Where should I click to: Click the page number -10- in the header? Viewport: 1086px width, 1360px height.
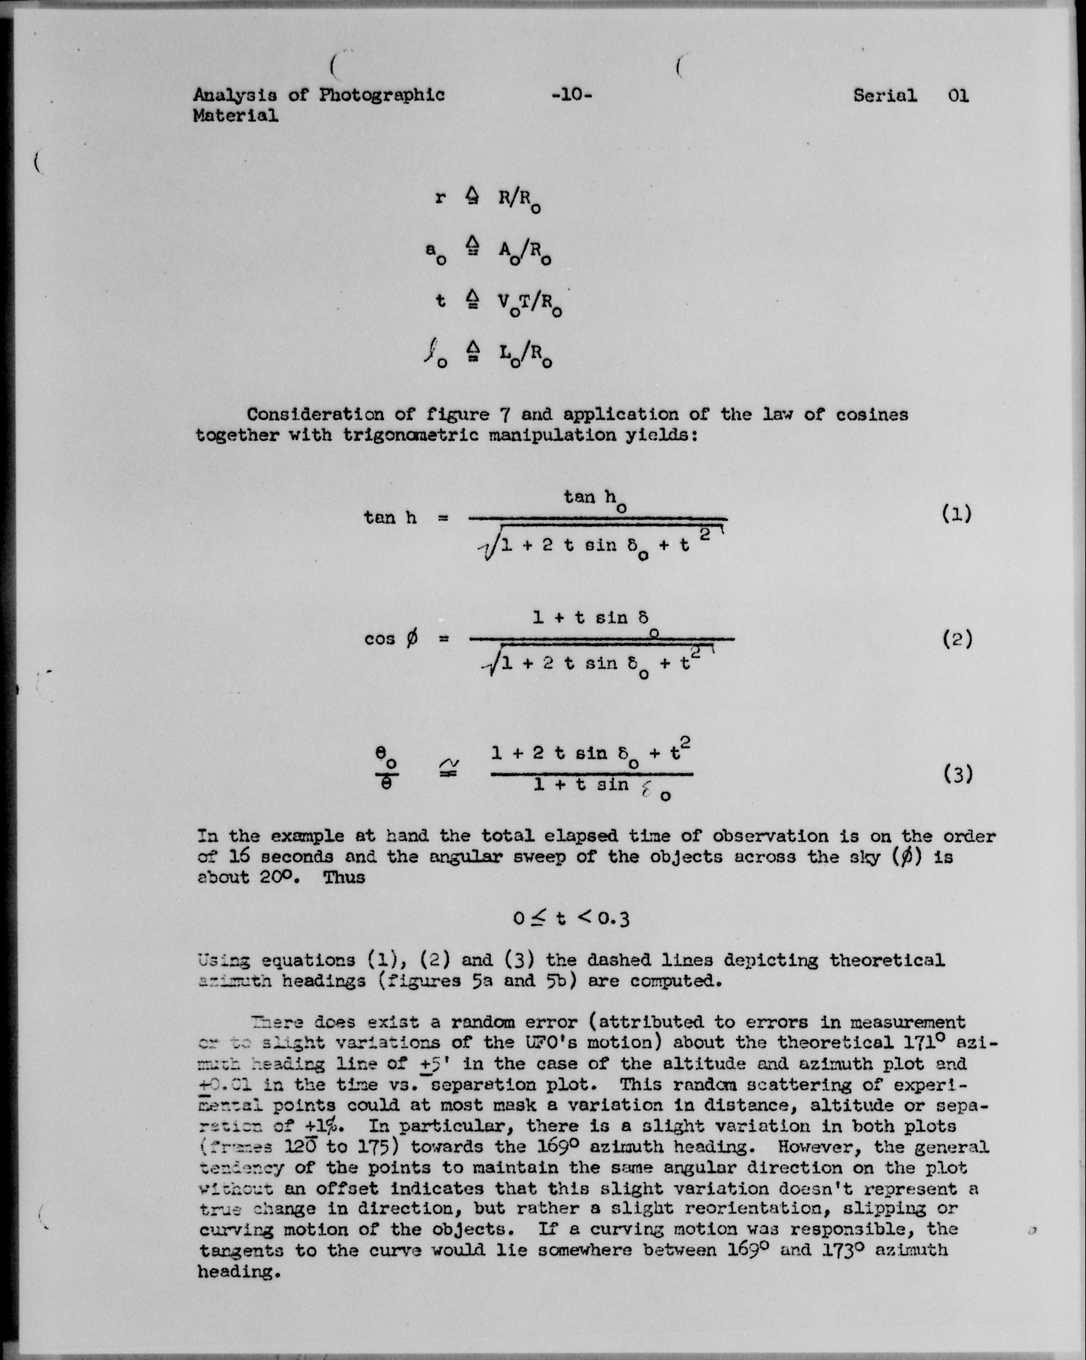(x=571, y=96)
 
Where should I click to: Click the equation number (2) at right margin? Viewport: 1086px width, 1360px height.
(x=957, y=640)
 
